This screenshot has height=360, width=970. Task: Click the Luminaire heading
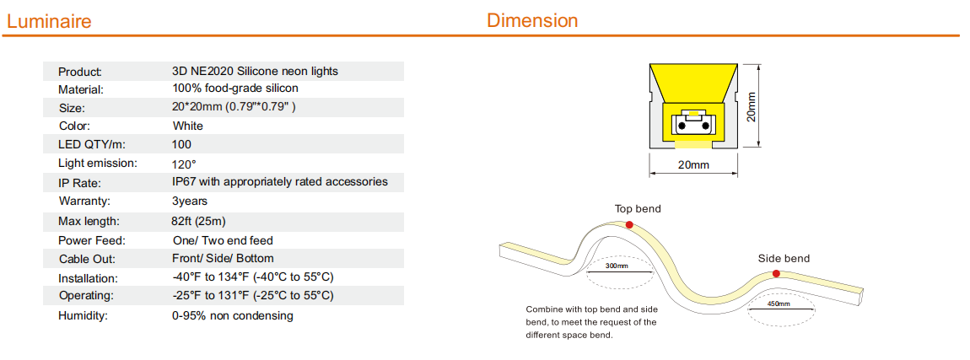[49, 22]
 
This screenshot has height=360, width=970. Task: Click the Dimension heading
[532, 20]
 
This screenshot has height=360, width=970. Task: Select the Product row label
[80, 72]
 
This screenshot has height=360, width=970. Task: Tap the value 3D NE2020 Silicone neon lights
[256, 71]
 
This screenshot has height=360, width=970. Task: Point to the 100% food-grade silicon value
[235, 89]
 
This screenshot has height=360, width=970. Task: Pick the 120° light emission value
[185, 164]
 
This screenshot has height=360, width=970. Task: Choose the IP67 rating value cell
[280, 182]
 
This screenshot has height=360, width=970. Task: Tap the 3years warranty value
[190, 201]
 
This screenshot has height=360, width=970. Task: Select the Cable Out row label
[87, 259]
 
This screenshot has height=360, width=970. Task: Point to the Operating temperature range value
[254, 295]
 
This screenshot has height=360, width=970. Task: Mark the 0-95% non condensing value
[233, 316]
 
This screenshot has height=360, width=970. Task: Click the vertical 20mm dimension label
[751, 107]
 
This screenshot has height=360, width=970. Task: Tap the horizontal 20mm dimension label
[692, 165]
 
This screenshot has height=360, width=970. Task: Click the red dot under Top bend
[629, 224]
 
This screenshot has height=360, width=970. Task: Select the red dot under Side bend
[776, 273]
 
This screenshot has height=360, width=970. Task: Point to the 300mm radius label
[617, 266]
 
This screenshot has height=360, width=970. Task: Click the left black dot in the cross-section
[682, 126]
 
